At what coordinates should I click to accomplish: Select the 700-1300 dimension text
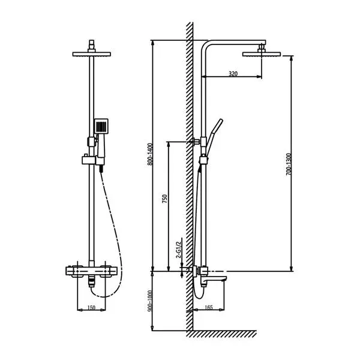[289, 163]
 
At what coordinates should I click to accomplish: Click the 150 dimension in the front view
[91, 307]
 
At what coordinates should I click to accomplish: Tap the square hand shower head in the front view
[101, 127]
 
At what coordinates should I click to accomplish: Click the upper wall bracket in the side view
[196, 142]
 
